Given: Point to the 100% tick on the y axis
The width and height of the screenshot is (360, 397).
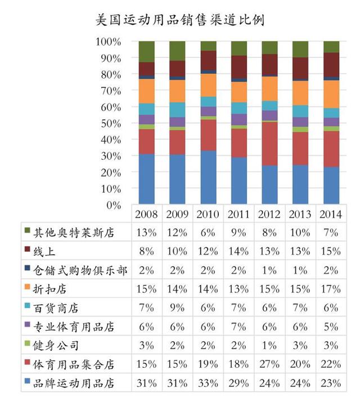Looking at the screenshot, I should click(x=108, y=42).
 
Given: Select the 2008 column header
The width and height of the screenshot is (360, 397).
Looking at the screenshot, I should click(x=147, y=214).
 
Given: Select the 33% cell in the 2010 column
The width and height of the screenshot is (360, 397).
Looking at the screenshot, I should click(x=208, y=384).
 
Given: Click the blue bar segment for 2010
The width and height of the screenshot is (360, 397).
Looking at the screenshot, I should click(x=208, y=177).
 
